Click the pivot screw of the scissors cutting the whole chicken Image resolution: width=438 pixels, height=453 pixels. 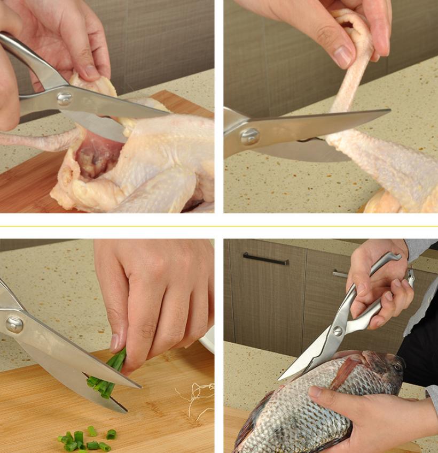pyautogui.click(x=65, y=98)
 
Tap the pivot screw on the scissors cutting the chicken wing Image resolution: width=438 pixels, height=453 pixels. pyautogui.click(x=249, y=136)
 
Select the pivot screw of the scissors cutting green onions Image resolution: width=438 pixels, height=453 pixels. pyautogui.click(x=14, y=324)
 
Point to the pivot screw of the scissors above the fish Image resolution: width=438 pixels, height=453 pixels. pyautogui.click(x=338, y=331)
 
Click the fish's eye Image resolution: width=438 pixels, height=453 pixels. pyautogui.click(x=397, y=367)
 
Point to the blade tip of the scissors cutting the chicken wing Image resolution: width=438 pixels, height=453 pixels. pyautogui.click(x=389, y=111)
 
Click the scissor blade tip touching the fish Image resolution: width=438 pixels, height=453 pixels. pyautogui.click(x=280, y=379)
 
